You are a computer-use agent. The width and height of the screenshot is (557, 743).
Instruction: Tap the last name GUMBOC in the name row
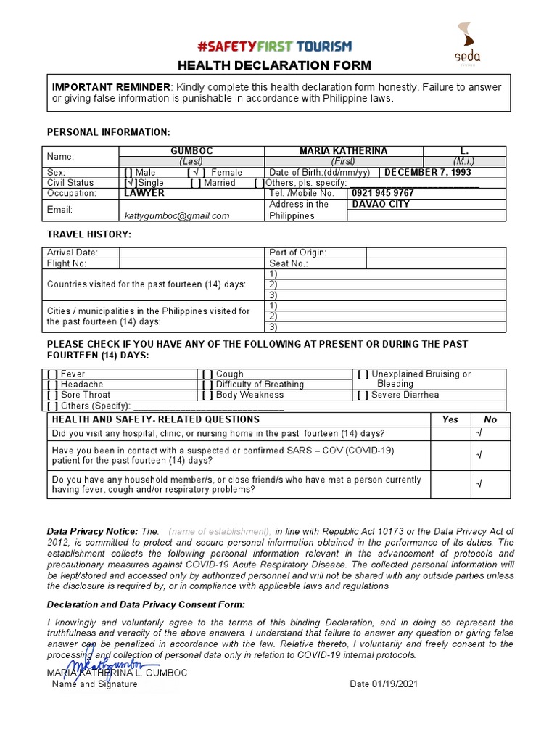191,151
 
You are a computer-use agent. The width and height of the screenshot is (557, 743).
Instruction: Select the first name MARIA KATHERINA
343,151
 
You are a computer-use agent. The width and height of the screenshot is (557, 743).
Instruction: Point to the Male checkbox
128,173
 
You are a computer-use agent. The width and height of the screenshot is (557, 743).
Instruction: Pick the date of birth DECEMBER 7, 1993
427,173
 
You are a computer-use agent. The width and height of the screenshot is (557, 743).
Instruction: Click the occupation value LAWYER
144,194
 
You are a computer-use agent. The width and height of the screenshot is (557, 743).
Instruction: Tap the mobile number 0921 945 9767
383,194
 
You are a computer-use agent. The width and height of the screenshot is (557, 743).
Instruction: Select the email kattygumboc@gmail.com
177,215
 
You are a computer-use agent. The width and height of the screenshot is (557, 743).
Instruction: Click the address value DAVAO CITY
381,205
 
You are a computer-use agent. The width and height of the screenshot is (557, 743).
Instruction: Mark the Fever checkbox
52,374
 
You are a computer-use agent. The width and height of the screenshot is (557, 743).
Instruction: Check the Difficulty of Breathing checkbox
207,385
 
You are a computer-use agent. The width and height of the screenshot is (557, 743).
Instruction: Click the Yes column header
450,419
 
